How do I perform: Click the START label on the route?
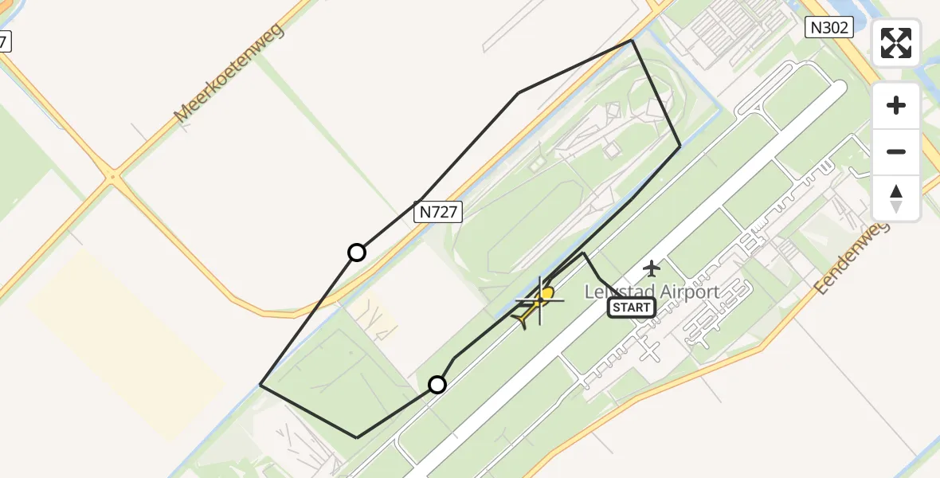click(x=632, y=308)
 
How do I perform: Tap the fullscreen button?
click(x=896, y=43)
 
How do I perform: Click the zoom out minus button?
click(x=896, y=151)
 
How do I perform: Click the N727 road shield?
click(x=438, y=212)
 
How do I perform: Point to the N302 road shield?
click(x=830, y=28)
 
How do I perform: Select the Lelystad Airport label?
click(x=652, y=292)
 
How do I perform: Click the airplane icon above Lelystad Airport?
click(x=652, y=268)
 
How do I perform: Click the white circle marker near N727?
click(x=357, y=253)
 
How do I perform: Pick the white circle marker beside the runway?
click(x=437, y=385)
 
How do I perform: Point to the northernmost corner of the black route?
click(x=632, y=40)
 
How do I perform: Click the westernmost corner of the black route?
click(x=260, y=385)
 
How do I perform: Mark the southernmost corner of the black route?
click(x=357, y=437)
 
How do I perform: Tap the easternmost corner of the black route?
click(x=680, y=147)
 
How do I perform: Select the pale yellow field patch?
click(x=127, y=343)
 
